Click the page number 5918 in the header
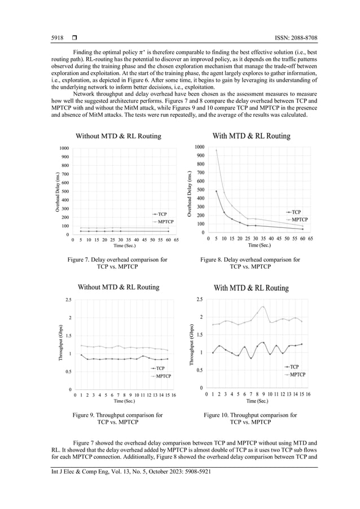coord(56,38)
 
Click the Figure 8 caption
coord(251,264)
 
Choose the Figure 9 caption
coord(117,418)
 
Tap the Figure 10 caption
coord(251,418)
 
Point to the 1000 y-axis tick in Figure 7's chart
coord(64,148)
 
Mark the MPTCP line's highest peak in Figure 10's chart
coord(263,306)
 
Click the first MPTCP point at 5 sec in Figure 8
coord(216,150)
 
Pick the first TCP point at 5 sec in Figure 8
coord(216,191)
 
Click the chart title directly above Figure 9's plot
coord(118,287)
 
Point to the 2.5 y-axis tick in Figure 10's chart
coord(199,299)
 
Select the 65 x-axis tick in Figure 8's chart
coord(310,239)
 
